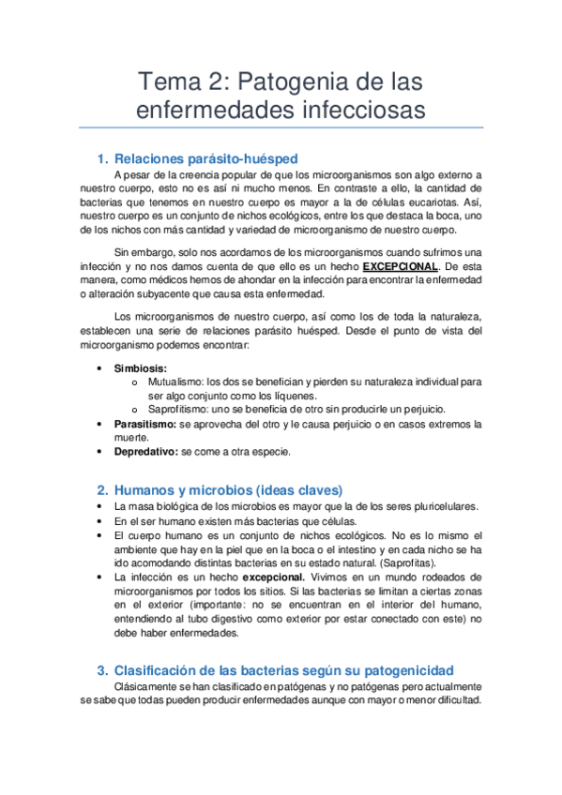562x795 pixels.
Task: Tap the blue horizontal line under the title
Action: (281, 127)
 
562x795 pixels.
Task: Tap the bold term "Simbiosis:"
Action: (141, 368)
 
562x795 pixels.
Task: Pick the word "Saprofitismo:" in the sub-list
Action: (180, 410)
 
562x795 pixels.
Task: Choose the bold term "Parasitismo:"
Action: (144, 424)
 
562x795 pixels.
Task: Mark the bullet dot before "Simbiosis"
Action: (99, 368)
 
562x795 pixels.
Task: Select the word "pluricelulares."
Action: (433, 506)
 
